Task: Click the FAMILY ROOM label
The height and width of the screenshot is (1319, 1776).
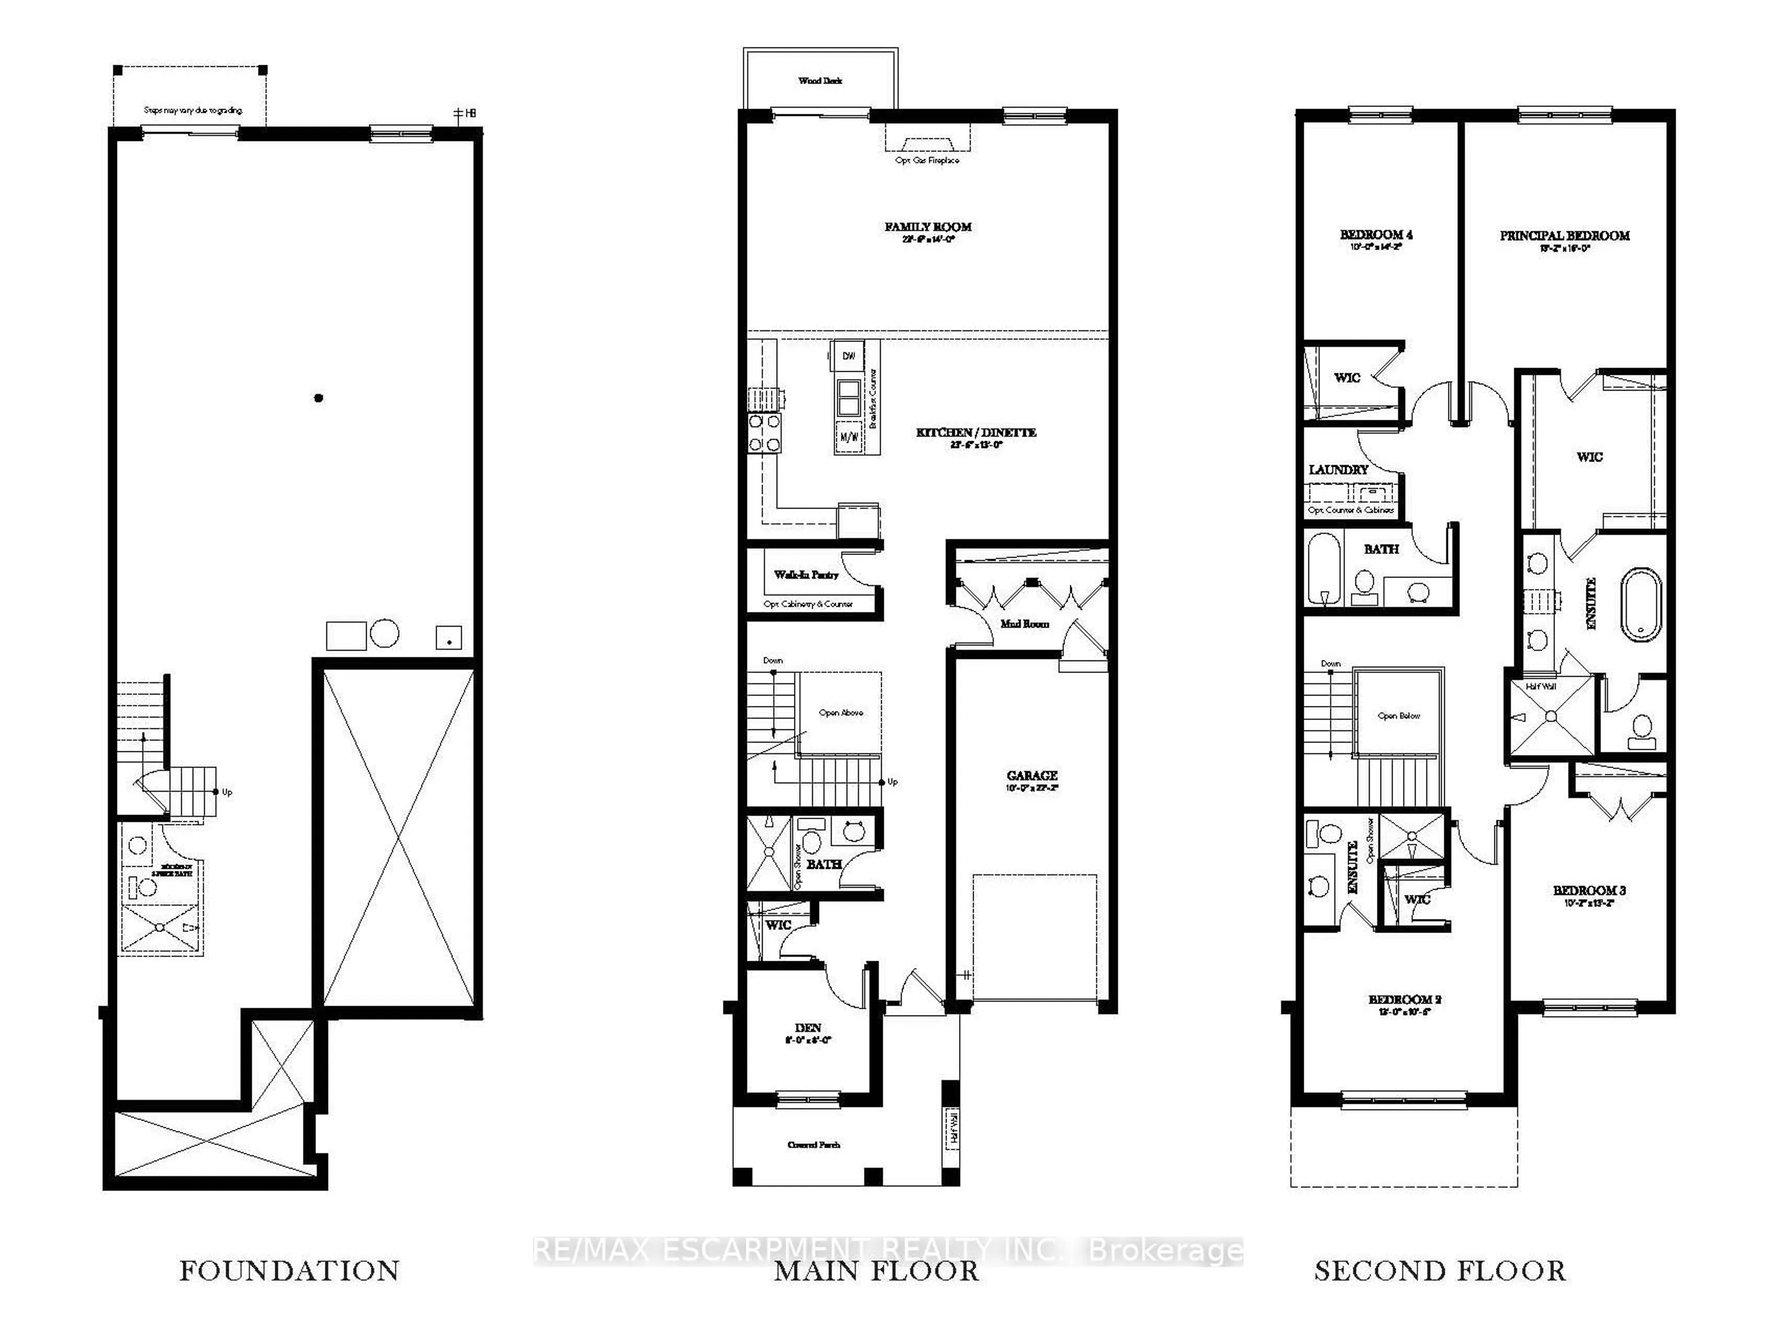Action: (x=928, y=227)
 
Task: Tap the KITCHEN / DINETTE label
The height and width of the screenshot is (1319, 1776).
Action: (x=976, y=432)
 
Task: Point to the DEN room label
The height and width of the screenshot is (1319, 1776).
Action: (x=808, y=1028)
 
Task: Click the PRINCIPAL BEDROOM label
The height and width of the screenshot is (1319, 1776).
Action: (x=1564, y=235)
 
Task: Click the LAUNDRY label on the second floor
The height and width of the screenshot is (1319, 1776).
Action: (x=1338, y=469)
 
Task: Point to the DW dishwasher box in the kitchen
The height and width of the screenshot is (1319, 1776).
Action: (x=848, y=356)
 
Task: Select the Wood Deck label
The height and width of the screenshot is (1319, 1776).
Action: (x=820, y=80)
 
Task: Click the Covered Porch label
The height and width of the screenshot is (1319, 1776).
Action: (x=814, y=1144)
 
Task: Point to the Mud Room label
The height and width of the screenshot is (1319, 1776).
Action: (x=1024, y=624)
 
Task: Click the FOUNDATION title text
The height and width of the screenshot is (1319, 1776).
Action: (x=289, y=1270)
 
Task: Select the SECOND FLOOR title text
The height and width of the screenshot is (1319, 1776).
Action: (x=1440, y=1270)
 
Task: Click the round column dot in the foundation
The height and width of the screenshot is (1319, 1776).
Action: (x=319, y=398)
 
